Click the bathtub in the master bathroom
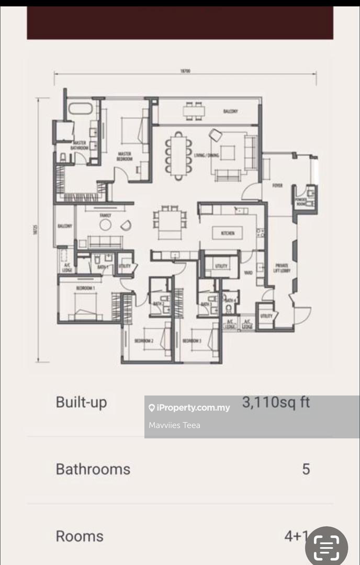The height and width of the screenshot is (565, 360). [81, 110]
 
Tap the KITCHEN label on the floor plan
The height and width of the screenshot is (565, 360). [228, 233]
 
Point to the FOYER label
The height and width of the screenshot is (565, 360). [277, 185]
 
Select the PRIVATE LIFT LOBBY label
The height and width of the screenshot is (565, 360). [281, 268]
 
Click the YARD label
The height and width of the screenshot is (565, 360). [248, 273]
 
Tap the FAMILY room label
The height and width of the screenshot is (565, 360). [106, 215]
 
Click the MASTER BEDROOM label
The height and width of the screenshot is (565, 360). [125, 156]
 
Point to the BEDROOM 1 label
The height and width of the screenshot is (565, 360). [85, 288]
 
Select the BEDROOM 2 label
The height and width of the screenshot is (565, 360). [143, 341]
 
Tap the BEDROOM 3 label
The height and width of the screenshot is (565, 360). [192, 341]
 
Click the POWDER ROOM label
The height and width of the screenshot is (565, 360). [300, 201]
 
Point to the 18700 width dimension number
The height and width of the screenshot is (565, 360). [185, 71]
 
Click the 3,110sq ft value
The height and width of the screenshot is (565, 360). [276, 402]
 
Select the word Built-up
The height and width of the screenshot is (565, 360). [81, 402]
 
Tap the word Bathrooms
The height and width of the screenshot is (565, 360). [93, 469]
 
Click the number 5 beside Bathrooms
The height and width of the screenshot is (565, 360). [306, 469]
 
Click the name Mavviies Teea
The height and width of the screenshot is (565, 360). [174, 425]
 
